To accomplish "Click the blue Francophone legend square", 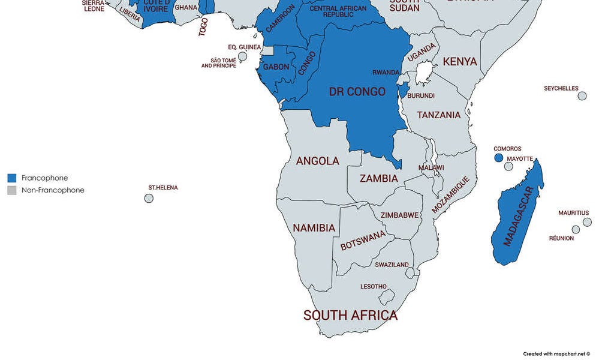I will (x=12, y=178).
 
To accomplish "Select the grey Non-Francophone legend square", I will (x=12, y=190).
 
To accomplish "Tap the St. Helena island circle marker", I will (x=149, y=198).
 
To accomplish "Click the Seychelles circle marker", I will (x=582, y=96).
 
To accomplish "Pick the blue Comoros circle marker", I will (x=498, y=158).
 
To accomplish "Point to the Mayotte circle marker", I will (x=508, y=166).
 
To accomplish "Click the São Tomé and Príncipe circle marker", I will (x=242, y=56).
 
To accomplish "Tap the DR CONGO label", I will (x=357, y=92).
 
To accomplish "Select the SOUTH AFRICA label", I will (x=350, y=315).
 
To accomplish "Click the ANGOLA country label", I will (x=317, y=161).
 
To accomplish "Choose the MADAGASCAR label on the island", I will (x=518, y=216).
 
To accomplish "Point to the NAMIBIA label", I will (x=314, y=228).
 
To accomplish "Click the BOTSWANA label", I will (x=363, y=241).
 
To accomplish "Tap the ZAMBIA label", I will (x=378, y=178).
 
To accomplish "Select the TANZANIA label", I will (x=439, y=115).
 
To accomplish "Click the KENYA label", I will (x=460, y=61).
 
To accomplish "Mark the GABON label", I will (x=276, y=67).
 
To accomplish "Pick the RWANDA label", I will (x=386, y=72).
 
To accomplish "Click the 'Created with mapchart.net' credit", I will (x=556, y=354).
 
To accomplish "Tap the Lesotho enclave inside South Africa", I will (x=387, y=296).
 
